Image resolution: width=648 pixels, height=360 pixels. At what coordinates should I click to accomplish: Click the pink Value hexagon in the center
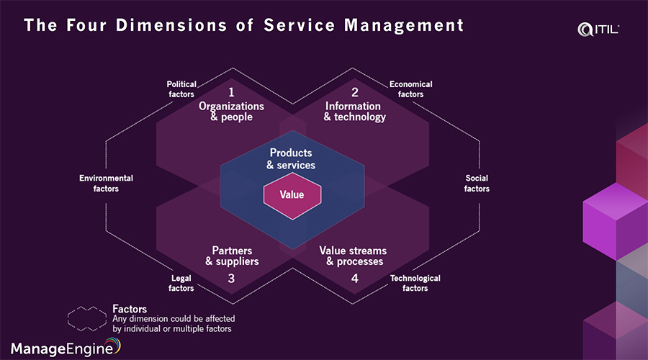[x=292, y=195]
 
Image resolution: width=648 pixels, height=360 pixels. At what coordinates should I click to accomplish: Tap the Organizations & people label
[x=231, y=112]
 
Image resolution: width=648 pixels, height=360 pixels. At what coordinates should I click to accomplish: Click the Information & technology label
[x=354, y=112]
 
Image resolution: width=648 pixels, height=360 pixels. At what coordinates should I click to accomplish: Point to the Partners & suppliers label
[x=231, y=256]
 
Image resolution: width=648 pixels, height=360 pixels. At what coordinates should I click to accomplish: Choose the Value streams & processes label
[x=353, y=256]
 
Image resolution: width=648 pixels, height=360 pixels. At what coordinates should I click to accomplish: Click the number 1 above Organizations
[x=231, y=92]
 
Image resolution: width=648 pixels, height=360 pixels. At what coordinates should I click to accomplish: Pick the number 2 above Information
[x=354, y=92]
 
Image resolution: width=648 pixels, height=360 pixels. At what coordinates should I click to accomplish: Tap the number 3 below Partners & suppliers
[x=231, y=278]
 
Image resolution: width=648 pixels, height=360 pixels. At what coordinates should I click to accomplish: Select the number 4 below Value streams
[x=354, y=278]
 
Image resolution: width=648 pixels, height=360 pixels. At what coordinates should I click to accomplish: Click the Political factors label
[x=181, y=89]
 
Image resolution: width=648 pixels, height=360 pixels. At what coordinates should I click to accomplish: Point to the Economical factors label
[x=410, y=89]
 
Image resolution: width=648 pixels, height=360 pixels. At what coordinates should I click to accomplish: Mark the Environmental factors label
[x=106, y=184]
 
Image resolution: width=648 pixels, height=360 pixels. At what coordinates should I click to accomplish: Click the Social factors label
[x=477, y=184]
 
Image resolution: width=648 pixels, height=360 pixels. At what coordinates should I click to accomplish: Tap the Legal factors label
[x=181, y=283]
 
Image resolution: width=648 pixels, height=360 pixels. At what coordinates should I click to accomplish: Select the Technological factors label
[x=415, y=283]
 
